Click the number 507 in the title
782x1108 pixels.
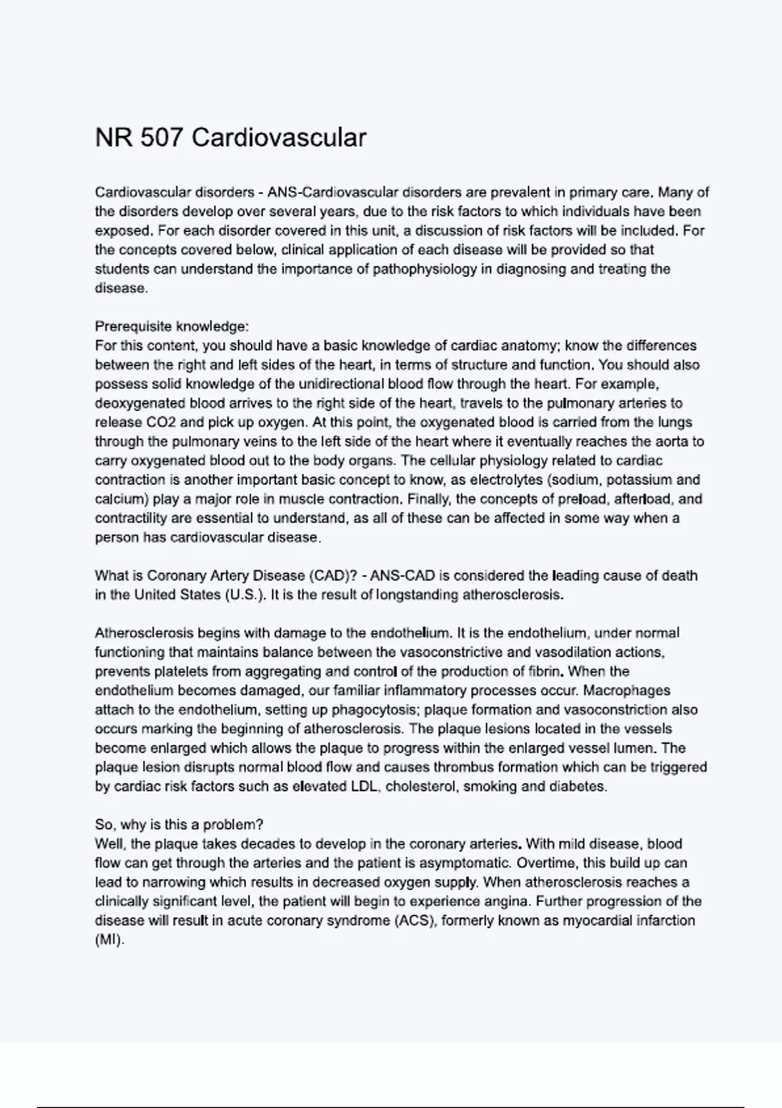tap(161, 138)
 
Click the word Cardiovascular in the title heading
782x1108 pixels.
tap(279, 138)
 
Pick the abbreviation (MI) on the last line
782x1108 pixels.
tap(109, 940)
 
